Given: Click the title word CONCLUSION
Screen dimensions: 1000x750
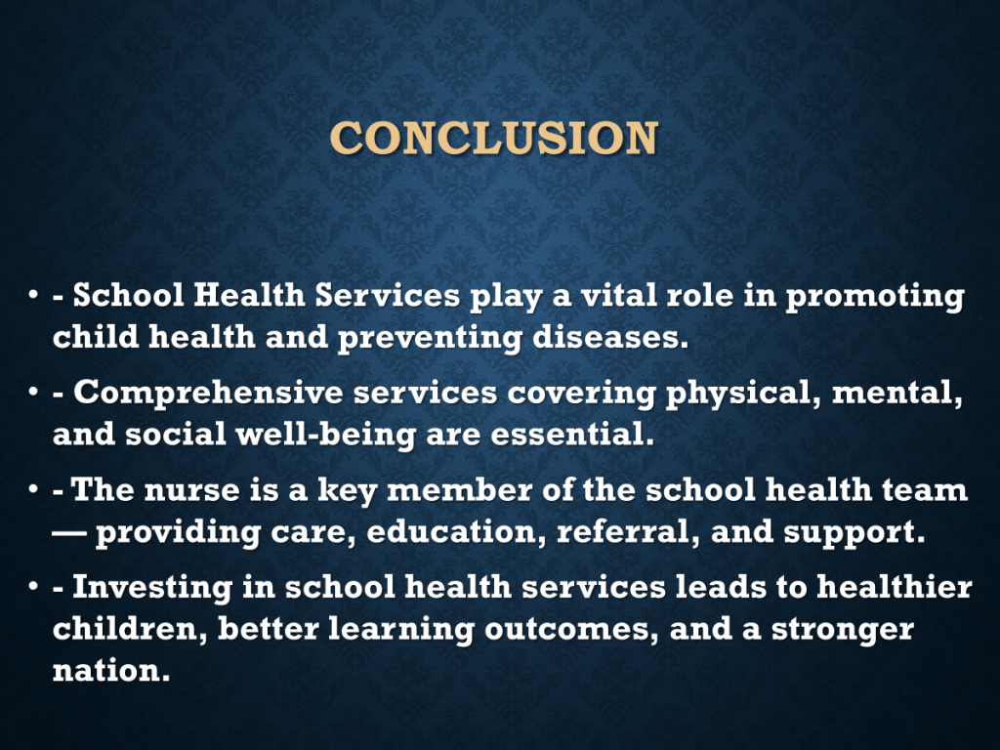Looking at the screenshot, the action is pyautogui.click(x=493, y=138).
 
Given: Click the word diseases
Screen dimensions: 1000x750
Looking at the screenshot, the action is pyautogui.click(x=610, y=337).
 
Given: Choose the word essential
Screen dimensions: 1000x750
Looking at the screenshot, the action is pyautogui.click(x=572, y=435).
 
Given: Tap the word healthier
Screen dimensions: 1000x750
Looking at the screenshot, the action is pyautogui.click(x=895, y=587).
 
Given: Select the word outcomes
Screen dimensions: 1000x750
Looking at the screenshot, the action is pyautogui.click(x=570, y=630).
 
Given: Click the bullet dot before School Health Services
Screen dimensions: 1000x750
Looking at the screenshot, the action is pyautogui.click(x=33, y=295).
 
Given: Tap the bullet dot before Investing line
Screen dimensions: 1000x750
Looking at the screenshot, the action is pyautogui.click(x=33, y=587).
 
